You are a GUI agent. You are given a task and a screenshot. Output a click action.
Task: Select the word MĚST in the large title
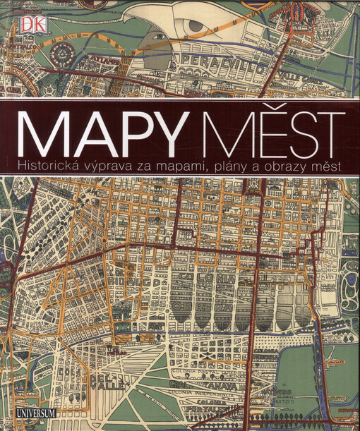265,133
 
